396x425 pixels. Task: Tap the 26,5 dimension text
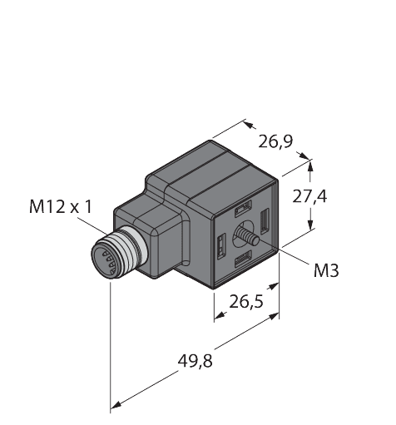click(248, 299)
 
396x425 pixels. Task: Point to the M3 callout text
click(326, 270)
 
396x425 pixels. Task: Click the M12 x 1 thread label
click(60, 206)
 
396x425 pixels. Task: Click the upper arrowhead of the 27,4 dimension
click(310, 166)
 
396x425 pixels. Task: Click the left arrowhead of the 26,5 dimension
click(219, 317)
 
